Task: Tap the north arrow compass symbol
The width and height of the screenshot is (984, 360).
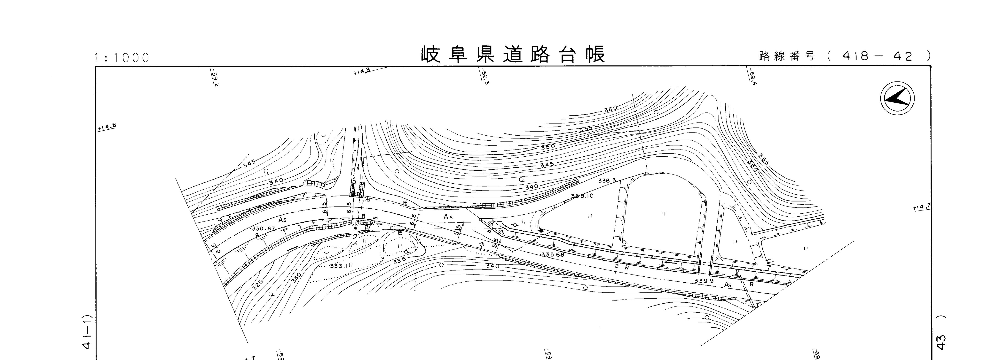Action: (x=897, y=99)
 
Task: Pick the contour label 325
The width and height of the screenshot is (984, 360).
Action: (x=258, y=285)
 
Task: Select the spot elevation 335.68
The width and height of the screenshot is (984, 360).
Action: (x=552, y=254)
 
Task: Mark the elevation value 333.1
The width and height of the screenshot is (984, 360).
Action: (x=336, y=266)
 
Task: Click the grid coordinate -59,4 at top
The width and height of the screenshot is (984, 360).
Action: (x=752, y=78)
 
